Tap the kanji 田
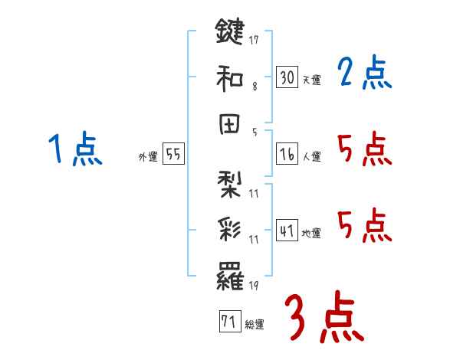click(229, 124)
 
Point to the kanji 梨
click(229, 182)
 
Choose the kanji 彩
click(229, 230)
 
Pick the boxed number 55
click(173, 155)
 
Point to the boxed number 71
click(228, 322)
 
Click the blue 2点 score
click(365, 74)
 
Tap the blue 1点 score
click(74, 149)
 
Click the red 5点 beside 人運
click(365, 149)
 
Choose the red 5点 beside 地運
click(365, 225)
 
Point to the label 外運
click(148, 156)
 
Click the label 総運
click(254, 325)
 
